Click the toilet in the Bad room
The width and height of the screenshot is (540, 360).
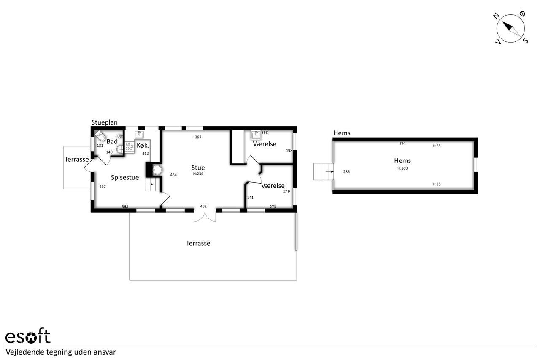click(x=100, y=135)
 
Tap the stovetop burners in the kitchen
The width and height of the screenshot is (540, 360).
click(x=129, y=146)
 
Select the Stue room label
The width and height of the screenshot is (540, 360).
click(x=198, y=168)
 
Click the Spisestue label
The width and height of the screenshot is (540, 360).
click(x=125, y=178)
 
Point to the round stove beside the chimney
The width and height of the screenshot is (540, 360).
click(x=157, y=170)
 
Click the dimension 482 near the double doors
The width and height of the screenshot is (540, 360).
click(x=203, y=206)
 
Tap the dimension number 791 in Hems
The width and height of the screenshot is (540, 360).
click(x=402, y=144)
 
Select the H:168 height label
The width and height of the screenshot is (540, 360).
click(x=402, y=168)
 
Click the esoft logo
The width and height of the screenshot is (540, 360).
click(x=28, y=336)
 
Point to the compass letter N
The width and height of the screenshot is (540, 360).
click(x=496, y=16)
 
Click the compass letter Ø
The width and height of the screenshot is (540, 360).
click(x=522, y=14)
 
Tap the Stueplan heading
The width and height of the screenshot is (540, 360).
click(x=104, y=122)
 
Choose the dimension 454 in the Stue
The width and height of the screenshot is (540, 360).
click(x=173, y=175)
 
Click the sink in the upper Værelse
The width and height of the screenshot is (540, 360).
click(x=256, y=135)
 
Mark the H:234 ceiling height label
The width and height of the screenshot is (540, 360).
click(x=198, y=173)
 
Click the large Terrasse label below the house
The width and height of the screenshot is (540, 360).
click(x=198, y=243)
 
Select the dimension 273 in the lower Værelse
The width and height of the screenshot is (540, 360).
click(x=273, y=206)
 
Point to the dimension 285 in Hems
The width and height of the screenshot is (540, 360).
click(x=346, y=172)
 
